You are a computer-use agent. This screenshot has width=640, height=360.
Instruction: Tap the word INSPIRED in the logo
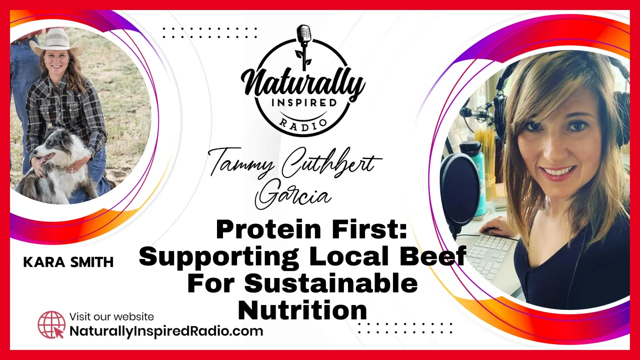point(304,102)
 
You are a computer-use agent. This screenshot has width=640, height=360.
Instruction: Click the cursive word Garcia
point(293,195)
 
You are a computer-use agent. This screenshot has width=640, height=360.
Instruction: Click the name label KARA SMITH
point(68,262)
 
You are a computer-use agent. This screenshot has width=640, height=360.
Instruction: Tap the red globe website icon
point(51,325)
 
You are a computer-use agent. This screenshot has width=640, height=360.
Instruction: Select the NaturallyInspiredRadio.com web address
point(166,331)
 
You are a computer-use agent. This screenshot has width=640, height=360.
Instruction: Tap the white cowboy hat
point(58,42)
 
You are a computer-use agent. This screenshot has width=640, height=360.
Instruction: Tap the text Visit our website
point(111,316)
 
